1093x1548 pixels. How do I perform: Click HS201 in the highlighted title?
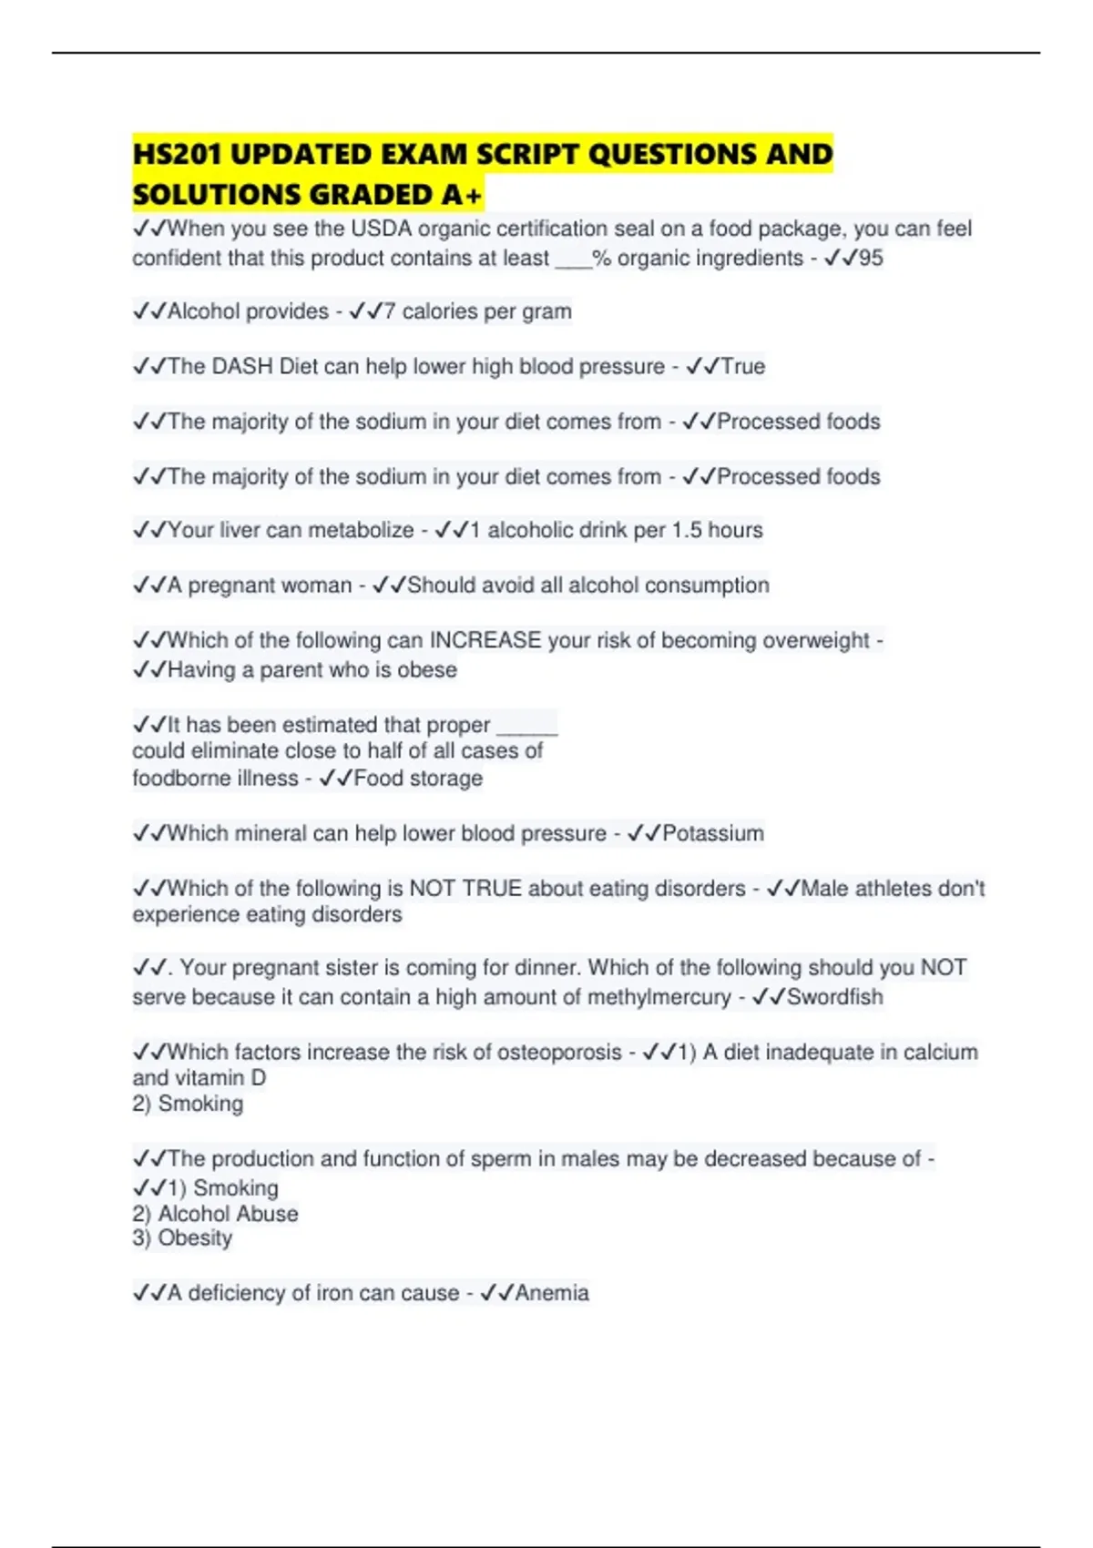click(178, 154)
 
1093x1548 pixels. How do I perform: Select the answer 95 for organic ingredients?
click(871, 258)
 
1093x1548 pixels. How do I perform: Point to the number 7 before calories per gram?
click(389, 311)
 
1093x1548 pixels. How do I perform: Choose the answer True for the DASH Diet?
click(743, 366)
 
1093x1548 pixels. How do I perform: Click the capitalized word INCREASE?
click(485, 640)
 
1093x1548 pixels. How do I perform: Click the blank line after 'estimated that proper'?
click(526, 725)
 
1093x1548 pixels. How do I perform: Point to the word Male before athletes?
click(824, 888)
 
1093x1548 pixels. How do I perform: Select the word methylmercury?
click(659, 997)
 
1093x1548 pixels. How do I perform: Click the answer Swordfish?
click(834, 997)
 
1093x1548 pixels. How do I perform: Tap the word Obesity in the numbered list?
click(195, 1238)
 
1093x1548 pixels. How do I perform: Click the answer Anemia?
click(552, 1293)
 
